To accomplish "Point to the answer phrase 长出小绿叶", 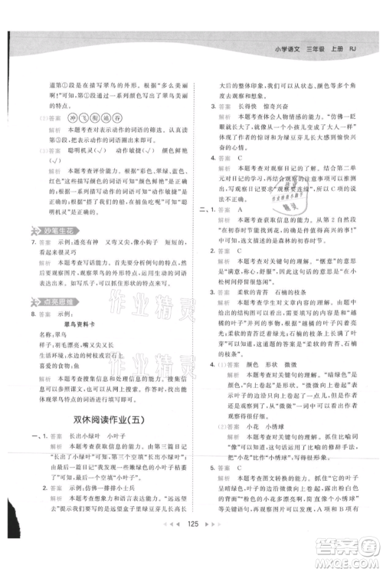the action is pyautogui.click(x=79, y=441).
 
